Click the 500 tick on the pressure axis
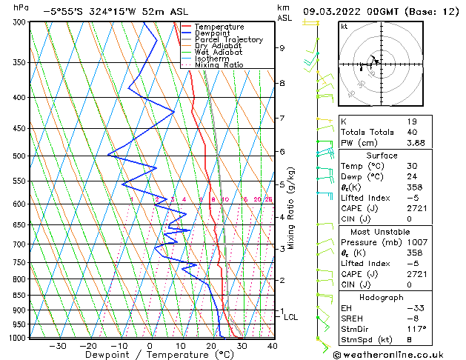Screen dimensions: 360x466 click(x=19, y=156)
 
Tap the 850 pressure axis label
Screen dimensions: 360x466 click(x=19, y=296)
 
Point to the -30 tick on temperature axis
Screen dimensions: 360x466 click(x=58, y=345)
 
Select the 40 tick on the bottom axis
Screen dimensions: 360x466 click(x=272, y=345)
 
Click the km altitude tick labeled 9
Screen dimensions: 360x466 click(x=282, y=48)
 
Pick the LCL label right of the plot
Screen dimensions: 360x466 click(x=291, y=317)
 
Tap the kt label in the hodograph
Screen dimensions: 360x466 click(x=344, y=27)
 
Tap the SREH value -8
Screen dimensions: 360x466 click(x=411, y=317)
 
